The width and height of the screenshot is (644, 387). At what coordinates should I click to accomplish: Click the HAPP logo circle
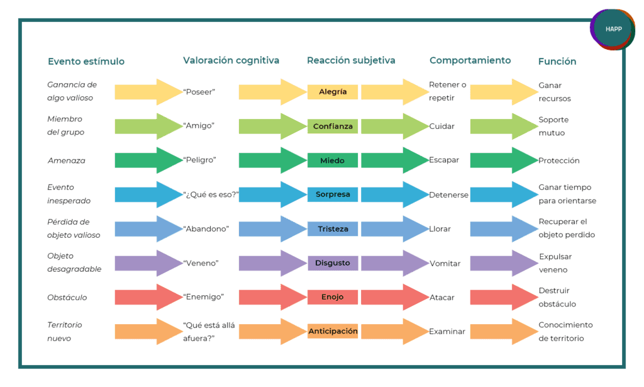click(613, 29)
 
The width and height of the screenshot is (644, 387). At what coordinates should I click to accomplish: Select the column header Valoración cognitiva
click(231, 60)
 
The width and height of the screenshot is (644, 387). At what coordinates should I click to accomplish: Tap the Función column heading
click(557, 61)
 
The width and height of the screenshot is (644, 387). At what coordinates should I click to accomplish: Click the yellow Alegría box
click(333, 92)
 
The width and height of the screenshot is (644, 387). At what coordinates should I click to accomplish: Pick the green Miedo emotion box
click(333, 160)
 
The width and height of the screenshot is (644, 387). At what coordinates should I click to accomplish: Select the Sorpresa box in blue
click(333, 194)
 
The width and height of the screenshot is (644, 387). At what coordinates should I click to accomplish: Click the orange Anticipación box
click(333, 331)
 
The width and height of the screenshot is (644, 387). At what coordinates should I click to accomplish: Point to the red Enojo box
click(333, 297)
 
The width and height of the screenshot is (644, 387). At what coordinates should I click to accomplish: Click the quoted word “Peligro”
click(199, 160)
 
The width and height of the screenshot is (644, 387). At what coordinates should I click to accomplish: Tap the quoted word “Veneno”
click(201, 263)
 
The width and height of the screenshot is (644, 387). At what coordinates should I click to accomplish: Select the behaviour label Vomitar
click(445, 263)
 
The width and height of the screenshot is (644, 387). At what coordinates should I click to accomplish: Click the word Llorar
click(440, 229)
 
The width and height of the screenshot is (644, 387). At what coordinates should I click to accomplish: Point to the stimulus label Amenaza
click(67, 160)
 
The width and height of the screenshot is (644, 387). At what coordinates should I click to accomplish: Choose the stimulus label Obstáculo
click(67, 298)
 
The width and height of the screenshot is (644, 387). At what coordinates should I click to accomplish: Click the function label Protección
click(559, 160)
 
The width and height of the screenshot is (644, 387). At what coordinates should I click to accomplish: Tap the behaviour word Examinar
click(447, 332)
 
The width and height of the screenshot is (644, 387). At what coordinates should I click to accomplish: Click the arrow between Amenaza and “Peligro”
click(148, 160)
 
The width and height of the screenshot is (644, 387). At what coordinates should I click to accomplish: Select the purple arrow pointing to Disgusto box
click(273, 263)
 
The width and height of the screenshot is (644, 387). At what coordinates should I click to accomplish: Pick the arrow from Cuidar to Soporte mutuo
click(504, 126)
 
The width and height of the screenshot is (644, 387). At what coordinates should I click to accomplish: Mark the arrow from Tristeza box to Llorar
click(395, 229)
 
